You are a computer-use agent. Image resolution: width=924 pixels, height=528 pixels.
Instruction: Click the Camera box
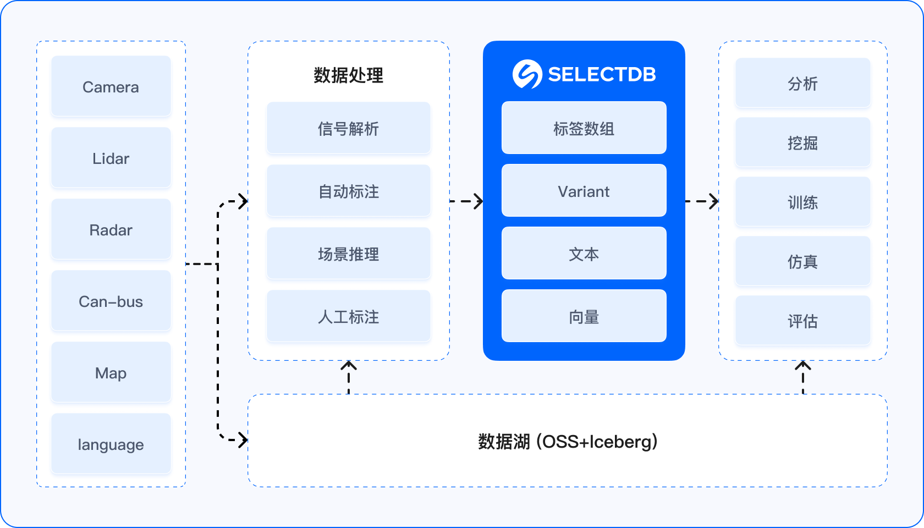[x=111, y=86]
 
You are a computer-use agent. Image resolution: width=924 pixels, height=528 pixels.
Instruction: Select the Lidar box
[x=111, y=158]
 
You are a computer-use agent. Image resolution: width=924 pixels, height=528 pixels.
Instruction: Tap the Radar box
[x=111, y=229]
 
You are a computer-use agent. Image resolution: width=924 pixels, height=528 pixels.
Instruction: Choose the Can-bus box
[x=111, y=301]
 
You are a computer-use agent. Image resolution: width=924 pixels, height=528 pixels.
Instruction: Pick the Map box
[x=111, y=372]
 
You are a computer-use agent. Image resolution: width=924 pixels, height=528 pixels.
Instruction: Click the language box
[x=111, y=444]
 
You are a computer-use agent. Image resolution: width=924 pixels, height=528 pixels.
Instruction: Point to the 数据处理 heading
[x=348, y=75]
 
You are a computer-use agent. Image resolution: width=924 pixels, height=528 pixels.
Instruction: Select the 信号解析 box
[x=348, y=128]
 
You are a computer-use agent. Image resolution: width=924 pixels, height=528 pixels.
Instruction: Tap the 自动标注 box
[x=348, y=191]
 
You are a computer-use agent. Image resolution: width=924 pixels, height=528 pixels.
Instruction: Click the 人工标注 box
[x=348, y=316]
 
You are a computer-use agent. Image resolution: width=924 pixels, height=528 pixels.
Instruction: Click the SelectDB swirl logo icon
[x=527, y=74]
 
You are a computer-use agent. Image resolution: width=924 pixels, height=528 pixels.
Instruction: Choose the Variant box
[x=584, y=191]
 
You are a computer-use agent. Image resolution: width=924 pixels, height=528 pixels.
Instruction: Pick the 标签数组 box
[x=584, y=128]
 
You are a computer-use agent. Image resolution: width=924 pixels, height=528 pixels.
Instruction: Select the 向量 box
[x=584, y=316]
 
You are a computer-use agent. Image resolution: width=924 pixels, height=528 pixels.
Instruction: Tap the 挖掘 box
[x=802, y=143]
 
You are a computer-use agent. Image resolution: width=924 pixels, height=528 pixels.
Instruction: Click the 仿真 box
[x=802, y=262]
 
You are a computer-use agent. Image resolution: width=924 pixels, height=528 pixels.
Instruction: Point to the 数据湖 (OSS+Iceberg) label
[x=567, y=442]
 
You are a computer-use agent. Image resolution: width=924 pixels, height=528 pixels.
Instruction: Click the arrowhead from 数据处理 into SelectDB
[x=479, y=201]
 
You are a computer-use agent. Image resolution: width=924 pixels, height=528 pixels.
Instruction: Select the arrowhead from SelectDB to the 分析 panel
[x=714, y=201]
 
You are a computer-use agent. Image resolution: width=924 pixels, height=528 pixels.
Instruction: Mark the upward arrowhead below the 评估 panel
[x=803, y=366]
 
